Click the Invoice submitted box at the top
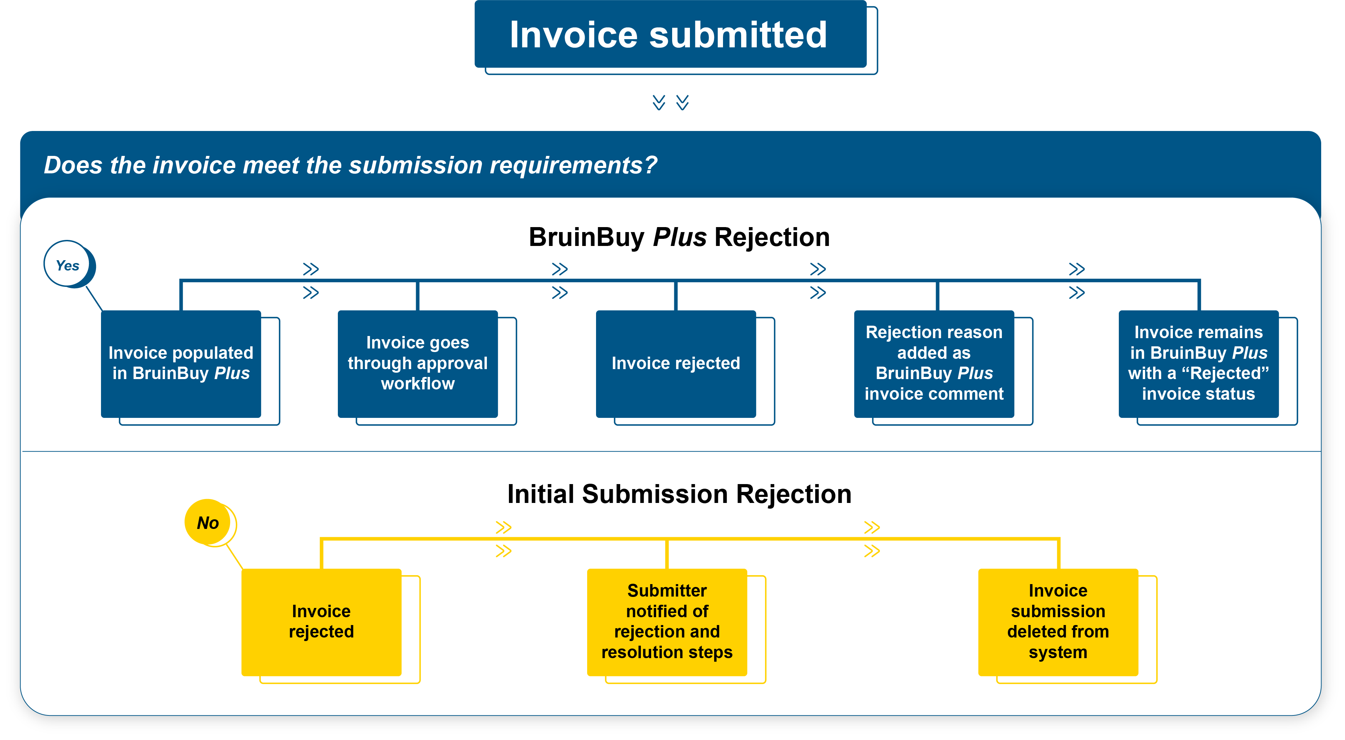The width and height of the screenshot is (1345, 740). point(670,35)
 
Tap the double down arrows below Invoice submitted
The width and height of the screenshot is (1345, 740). point(670,103)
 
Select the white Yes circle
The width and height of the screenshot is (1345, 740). point(67,264)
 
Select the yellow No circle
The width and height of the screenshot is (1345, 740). point(208,522)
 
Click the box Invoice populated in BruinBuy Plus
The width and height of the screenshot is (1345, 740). point(181,364)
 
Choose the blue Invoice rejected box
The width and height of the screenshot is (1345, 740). point(676,364)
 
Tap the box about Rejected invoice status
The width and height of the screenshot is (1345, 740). point(1198,364)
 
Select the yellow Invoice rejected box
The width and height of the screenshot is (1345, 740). point(321,622)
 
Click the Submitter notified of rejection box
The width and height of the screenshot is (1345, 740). point(667,622)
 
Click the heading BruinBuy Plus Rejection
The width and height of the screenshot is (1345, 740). point(679,237)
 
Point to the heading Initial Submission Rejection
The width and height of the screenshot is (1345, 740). point(679,494)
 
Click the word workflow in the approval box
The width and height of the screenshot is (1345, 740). point(418,384)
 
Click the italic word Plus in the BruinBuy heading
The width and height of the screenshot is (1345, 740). point(680,237)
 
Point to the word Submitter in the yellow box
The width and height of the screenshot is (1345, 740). point(667,591)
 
